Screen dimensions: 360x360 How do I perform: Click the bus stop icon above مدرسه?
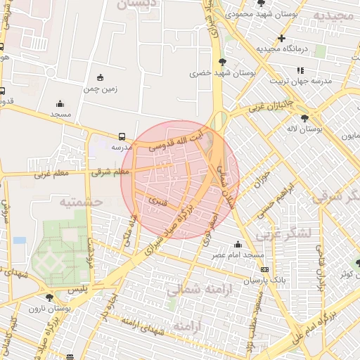click(x=123, y=136)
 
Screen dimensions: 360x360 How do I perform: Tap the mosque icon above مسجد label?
click(x=60, y=103)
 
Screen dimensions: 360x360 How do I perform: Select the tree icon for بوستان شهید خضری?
click(x=223, y=62)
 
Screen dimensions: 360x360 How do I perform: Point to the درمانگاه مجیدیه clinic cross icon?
click(x=282, y=38)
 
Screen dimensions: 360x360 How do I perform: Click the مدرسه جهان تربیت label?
click(x=302, y=81)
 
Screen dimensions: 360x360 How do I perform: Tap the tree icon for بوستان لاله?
click(x=304, y=118)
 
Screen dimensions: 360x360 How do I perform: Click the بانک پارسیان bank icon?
click(x=264, y=269)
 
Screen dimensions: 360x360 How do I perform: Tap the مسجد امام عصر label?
click(x=240, y=254)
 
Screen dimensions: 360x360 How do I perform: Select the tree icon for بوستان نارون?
click(x=49, y=297)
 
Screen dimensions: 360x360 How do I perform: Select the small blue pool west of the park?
click(x=20, y=240)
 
